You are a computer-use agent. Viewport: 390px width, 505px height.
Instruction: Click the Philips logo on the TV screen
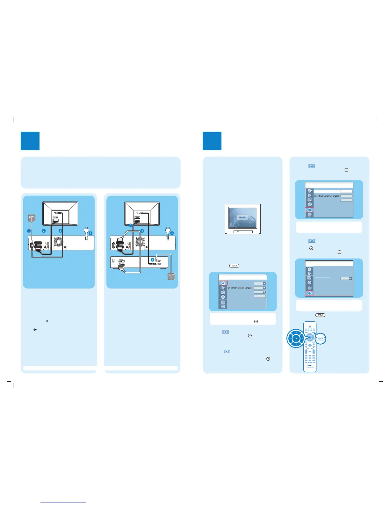pyautogui.click(x=243, y=217)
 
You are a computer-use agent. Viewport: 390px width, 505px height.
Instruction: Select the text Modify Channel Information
pyautogui.click(x=327, y=196)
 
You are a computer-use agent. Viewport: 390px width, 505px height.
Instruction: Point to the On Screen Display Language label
pyautogui.click(x=241, y=288)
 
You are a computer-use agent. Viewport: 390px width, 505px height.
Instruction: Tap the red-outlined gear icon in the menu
pyautogui.click(x=223, y=283)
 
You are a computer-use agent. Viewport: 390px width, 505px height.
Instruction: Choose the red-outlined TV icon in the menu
pyautogui.click(x=310, y=210)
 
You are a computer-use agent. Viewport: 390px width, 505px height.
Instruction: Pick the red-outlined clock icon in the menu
pyautogui.click(x=310, y=293)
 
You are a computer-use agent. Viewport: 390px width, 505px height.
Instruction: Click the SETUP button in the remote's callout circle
pyautogui.click(x=321, y=339)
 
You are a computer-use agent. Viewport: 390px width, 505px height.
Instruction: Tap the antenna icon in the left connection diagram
pyautogui.click(x=31, y=218)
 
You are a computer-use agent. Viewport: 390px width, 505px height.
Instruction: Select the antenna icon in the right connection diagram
pyautogui.click(x=171, y=276)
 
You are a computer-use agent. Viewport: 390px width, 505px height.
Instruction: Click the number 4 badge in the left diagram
pyautogui.click(x=90, y=233)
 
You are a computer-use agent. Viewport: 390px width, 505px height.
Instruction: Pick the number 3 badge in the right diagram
pyautogui.click(x=142, y=231)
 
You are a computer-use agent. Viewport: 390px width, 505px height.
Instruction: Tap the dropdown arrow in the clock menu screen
pyautogui.click(x=350, y=278)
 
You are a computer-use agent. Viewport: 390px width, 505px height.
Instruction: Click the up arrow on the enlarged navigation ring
pyautogui.click(x=296, y=333)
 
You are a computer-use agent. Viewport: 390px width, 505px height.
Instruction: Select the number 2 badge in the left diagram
pyautogui.click(x=44, y=231)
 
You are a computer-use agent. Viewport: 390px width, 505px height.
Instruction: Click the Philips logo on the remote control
pyautogui.click(x=310, y=365)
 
